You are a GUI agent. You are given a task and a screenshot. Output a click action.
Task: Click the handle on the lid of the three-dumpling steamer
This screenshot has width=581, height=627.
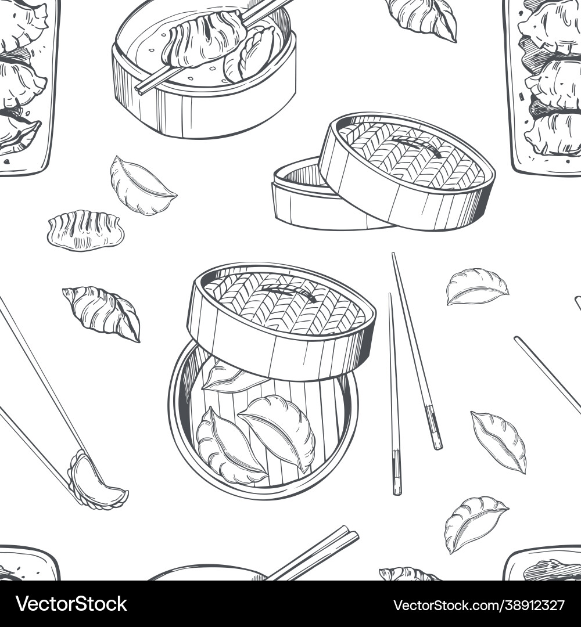(x=289, y=294)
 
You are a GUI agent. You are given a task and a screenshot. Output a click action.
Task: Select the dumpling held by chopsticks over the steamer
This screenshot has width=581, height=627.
(x=203, y=39)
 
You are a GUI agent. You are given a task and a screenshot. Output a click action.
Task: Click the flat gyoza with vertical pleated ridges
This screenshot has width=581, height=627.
(x=85, y=230)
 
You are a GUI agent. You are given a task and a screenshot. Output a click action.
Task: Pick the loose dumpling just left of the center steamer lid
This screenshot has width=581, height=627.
(x=103, y=312)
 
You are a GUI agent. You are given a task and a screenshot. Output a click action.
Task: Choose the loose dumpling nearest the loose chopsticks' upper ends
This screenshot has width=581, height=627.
(x=476, y=286)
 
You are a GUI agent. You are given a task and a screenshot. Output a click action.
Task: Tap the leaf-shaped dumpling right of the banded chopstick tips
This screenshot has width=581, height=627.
(x=499, y=441)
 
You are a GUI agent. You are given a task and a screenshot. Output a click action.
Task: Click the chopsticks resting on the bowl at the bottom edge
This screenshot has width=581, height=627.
(x=317, y=554)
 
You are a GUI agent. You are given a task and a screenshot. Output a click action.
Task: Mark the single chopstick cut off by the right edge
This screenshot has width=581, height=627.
(x=547, y=374)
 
